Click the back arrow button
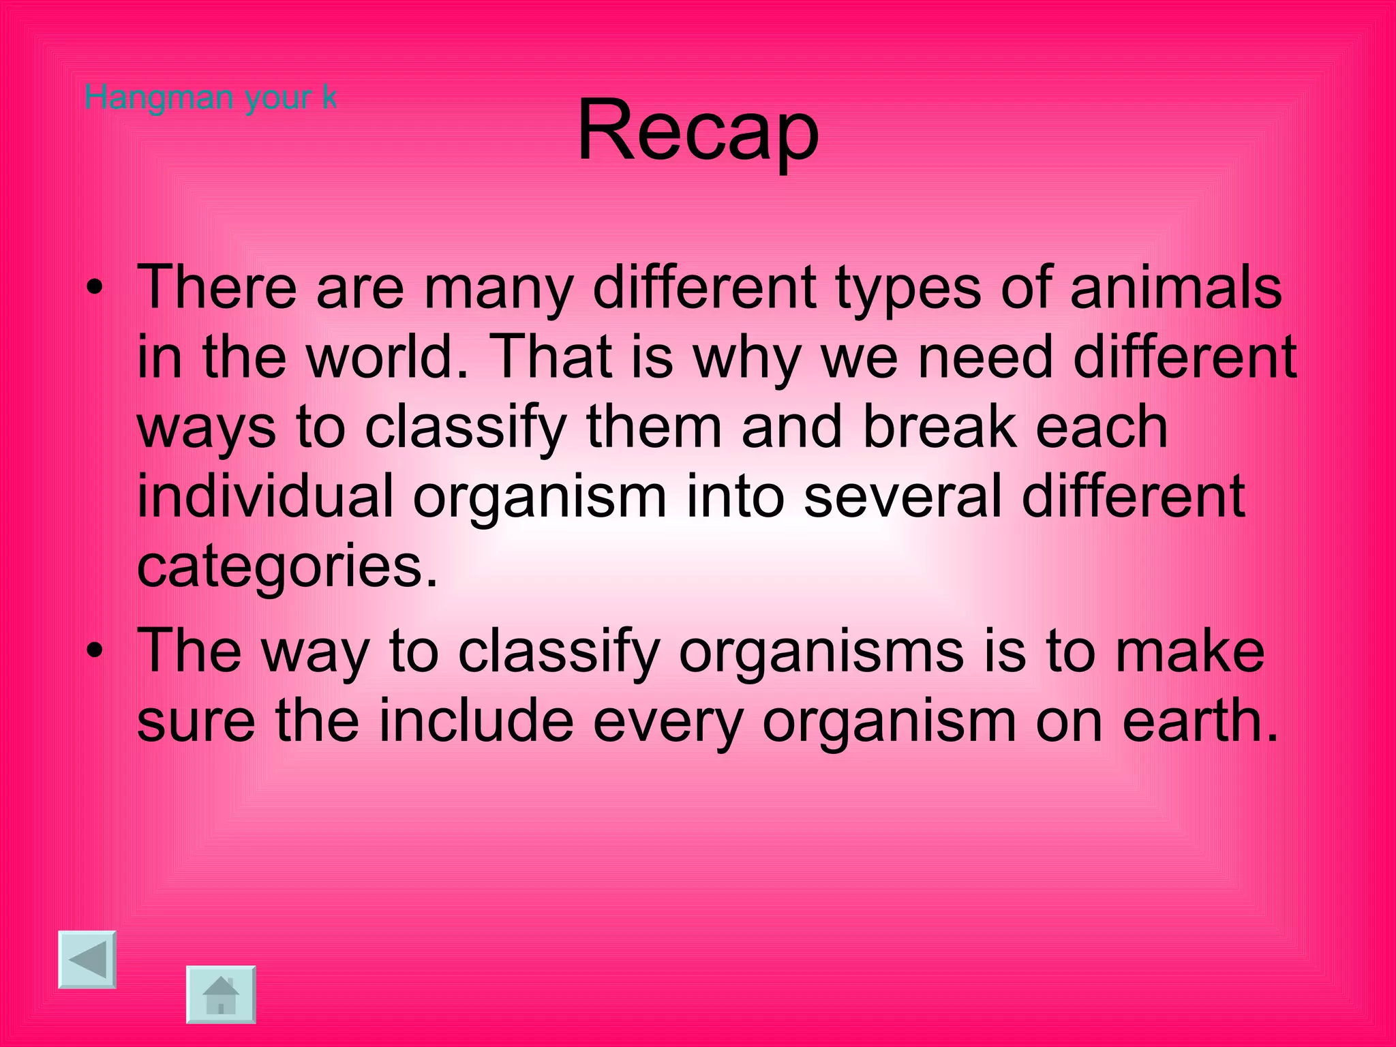[x=87, y=959]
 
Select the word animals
[x=1176, y=287]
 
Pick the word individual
[x=266, y=496]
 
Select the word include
[x=476, y=721]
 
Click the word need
[x=985, y=356]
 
